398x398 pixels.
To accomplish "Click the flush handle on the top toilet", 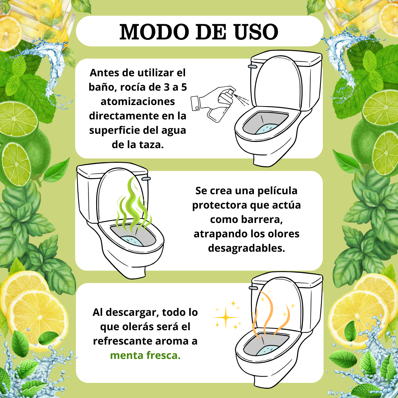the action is pyautogui.click(x=252, y=66).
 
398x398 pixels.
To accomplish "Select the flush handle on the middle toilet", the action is pyautogui.click(x=146, y=179).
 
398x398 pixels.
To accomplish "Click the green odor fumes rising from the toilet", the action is pyautogui.click(x=133, y=206).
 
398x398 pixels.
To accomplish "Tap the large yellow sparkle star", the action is pyautogui.click(x=226, y=317).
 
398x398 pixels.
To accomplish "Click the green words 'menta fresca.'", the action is pyautogui.click(x=145, y=355).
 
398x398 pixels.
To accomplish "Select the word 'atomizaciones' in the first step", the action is pyautogui.click(x=138, y=102).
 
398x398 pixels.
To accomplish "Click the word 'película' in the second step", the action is pyautogui.click(x=277, y=191).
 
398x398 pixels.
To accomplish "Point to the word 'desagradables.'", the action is pyautogui.click(x=247, y=248).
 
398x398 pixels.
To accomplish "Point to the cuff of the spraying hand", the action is pyautogui.click(x=195, y=103).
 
